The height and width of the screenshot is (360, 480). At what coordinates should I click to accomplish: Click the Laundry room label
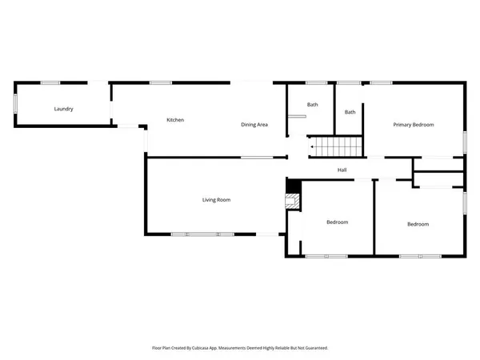click(x=64, y=109)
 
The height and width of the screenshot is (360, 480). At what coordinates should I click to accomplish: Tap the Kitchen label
click(x=175, y=120)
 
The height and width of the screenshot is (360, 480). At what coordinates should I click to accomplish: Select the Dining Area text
click(x=254, y=125)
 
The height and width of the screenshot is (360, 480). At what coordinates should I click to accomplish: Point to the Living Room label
click(x=216, y=199)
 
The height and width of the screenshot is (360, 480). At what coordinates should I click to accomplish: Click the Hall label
click(x=342, y=170)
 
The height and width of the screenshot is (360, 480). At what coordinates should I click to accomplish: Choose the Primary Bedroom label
click(x=413, y=125)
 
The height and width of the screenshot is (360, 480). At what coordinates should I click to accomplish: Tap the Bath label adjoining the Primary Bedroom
click(x=350, y=112)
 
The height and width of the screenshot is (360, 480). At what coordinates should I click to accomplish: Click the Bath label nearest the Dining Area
click(x=313, y=105)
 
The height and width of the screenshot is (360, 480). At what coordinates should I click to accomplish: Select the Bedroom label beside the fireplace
click(x=337, y=222)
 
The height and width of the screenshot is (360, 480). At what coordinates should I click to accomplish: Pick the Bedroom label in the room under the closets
click(x=418, y=224)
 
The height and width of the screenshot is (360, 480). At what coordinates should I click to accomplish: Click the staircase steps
click(x=336, y=147)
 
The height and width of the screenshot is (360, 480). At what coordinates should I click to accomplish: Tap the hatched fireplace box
click(x=294, y=202)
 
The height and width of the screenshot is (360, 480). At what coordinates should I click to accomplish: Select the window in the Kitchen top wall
click(x=161, y=82)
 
